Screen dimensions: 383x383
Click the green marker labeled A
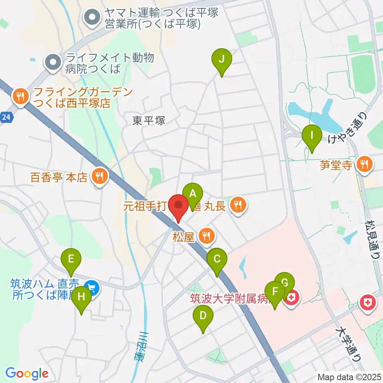pyautogui.click(x=193, y=194)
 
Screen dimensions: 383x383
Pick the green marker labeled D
pyautogui.click(x=203, y=316)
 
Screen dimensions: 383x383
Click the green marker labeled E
pyautogui.click(x=71, y=260)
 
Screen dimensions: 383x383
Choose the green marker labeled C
pyautogui.click(x=217, y=259)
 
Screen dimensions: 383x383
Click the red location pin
pyautogui.click(x=178, y=206)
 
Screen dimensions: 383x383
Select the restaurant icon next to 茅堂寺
pyautogui.click(x=364, y=164)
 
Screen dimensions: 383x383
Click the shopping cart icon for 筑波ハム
pyautogui.click(x=92, y=287)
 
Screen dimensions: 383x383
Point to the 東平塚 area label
pyautogui.click(x=149, y=120)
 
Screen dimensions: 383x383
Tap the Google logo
pyautogui.click(x=27, y=373)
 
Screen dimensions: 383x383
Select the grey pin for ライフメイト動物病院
pyautogui.click(x=53, y=62)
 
